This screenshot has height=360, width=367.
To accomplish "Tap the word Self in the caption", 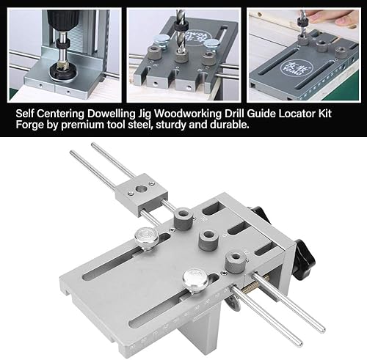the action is click(x=25, y=114).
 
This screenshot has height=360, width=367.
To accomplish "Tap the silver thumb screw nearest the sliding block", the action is click(x=147, y=239).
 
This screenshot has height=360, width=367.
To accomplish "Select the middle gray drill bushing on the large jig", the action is click(x=208, y=240).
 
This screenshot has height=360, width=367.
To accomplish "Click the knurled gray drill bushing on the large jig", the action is click(x=236, y=262).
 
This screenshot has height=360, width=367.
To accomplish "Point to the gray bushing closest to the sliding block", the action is click(x=183, y=218).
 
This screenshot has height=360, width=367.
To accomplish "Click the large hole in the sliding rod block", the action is click(x=141, y=188).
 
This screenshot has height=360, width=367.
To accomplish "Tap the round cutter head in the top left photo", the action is click(x=62, y=71).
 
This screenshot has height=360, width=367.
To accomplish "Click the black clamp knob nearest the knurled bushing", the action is click(x=304, y=260).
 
